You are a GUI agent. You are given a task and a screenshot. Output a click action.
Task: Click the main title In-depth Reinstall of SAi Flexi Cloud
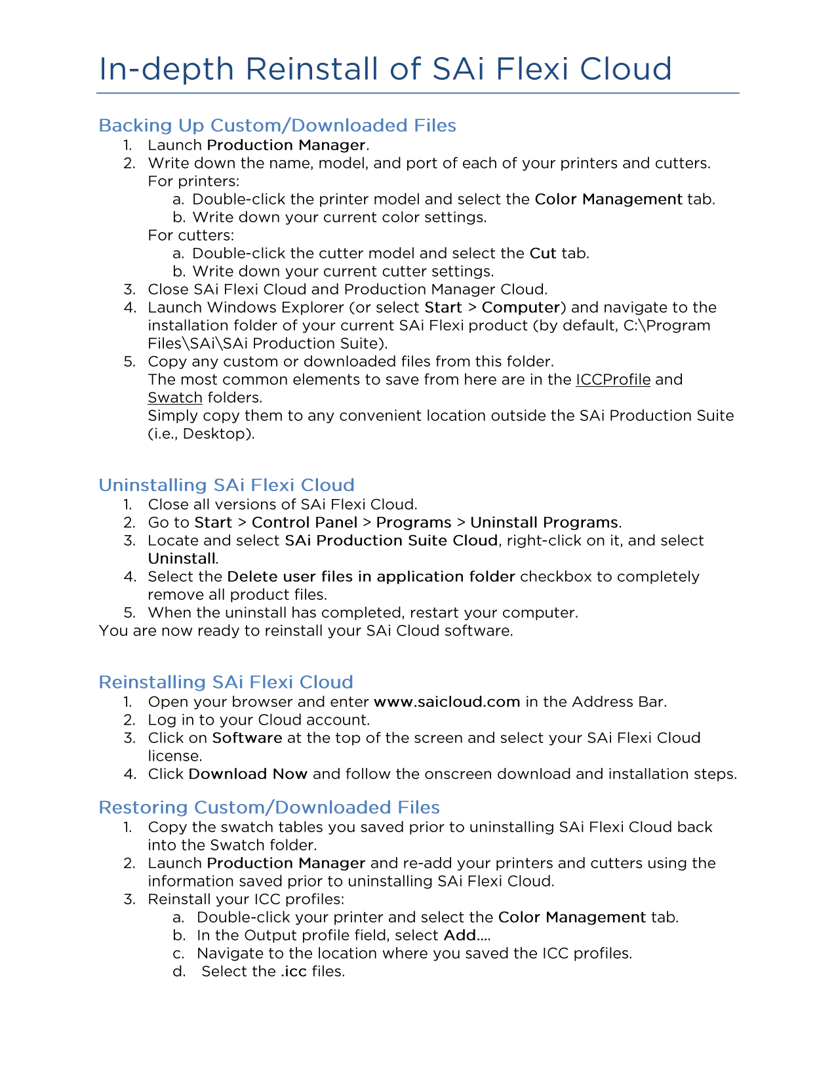point(385,69)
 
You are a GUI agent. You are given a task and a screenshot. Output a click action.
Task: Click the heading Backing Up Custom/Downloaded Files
point(277,125)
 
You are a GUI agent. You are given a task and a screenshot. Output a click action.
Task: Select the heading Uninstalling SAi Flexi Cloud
point(226,485)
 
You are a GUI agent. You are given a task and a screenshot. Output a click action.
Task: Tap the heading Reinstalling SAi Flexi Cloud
point(226,682)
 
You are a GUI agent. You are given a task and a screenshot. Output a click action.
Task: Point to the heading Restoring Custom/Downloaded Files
point(269,807)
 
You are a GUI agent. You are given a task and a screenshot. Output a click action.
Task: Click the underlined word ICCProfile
point(613,380)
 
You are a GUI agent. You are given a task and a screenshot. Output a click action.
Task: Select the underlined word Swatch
point(175,397)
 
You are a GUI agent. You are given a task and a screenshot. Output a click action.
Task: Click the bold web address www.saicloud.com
point(447,702)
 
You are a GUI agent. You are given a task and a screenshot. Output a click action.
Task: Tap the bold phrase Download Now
point(248,774)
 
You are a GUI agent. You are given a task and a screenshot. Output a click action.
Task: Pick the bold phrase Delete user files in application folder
point(371,576)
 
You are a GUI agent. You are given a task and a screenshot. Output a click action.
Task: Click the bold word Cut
point(543,253)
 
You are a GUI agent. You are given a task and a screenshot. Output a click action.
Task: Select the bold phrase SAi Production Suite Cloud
point(391,540)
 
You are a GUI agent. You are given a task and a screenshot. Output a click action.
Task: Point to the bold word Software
point(247,738)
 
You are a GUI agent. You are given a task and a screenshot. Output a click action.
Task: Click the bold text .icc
point(294,971)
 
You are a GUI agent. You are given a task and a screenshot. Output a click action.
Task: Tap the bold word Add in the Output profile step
point(460,935)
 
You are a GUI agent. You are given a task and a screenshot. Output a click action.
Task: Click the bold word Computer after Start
point(521,308)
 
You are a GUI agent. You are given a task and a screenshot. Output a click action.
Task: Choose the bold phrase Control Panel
point(304,523)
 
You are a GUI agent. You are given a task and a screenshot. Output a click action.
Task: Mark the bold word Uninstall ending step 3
point(182,559)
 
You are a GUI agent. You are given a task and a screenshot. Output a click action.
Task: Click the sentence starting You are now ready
point(306,631)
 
